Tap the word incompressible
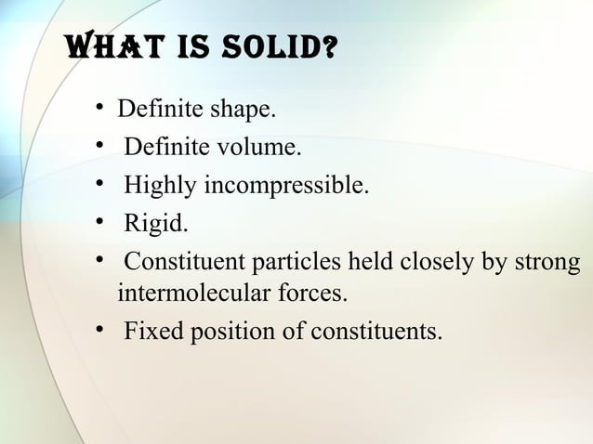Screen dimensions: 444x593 point(285,185)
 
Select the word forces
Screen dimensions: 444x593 point(313,295)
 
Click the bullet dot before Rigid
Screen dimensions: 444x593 point(99,220)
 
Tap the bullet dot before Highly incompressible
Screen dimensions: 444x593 point(99,183)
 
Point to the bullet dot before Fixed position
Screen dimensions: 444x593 point(99,330)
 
